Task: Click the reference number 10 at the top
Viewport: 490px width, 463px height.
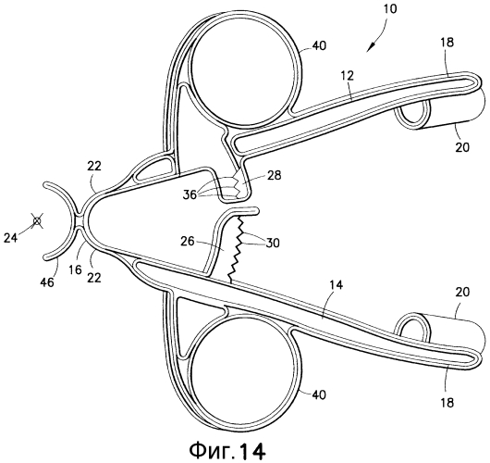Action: point(388,8)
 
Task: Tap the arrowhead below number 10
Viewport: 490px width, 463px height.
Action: point(372,48)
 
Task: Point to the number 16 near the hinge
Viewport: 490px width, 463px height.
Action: point(75,269)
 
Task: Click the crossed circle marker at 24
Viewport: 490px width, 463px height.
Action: point(37,221)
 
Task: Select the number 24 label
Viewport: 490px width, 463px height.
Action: point(11,238)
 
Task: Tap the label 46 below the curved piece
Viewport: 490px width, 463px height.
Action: point(47,282)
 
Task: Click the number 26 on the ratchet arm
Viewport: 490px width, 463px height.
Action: point(187,242)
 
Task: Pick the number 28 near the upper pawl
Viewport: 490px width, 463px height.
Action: point(273,175)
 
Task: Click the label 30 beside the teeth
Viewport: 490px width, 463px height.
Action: point(272,243)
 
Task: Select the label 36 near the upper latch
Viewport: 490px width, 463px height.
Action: point(190,194)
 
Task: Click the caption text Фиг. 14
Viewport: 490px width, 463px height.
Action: point(227,451)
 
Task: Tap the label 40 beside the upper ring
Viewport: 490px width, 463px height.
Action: point(318,46)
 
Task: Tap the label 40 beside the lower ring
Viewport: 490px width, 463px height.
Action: point(318,394)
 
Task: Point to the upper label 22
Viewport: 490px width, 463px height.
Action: point(94,166)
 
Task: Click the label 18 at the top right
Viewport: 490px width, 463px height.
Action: point(447,43)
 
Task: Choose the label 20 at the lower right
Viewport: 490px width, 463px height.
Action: point(462,293)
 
